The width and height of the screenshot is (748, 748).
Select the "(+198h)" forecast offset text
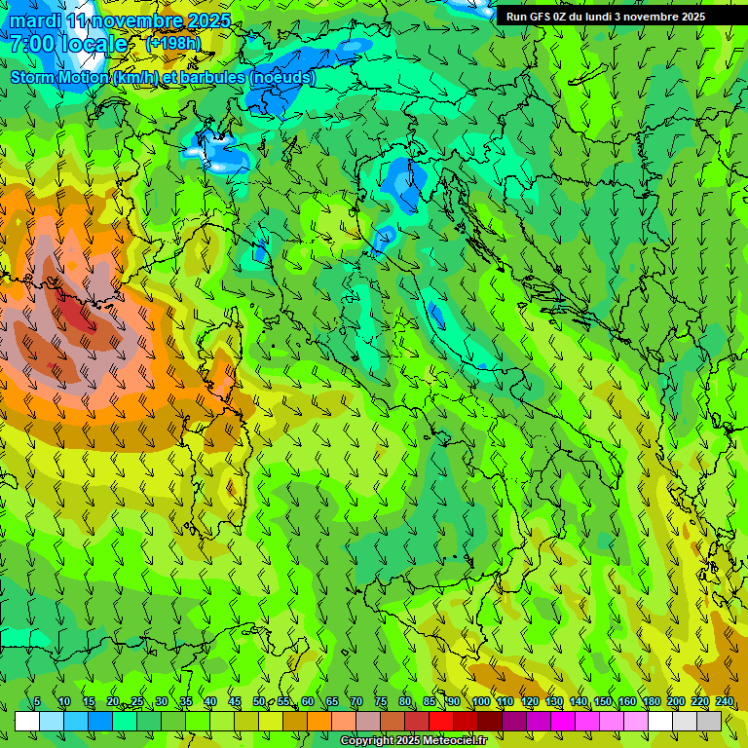click(172, 44)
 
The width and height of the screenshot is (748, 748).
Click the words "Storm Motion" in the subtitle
click(59, 77)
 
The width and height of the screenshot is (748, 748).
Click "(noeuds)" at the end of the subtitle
click(282, 77)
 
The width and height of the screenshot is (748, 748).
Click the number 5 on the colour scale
click(37, 702)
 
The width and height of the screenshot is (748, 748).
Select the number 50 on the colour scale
click(259, 702)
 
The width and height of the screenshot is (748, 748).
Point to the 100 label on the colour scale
click(480, 702)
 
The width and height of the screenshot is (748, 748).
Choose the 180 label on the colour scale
click(651, 702)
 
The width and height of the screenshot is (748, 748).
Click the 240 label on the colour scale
click(724, 702)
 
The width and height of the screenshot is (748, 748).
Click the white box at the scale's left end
click(27, 721)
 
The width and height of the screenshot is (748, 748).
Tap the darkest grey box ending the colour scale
click(709, 721)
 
